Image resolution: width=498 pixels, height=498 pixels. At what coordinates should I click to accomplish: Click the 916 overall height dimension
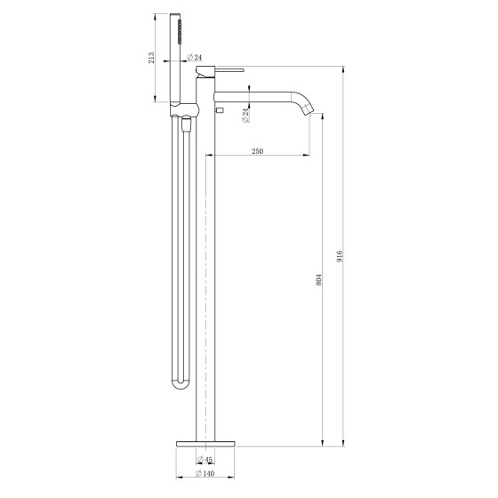coord(340,256)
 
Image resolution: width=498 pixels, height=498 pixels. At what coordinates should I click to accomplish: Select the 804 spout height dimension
coord(319,279)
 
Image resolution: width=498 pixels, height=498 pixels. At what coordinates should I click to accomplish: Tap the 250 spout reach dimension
coord(258,151)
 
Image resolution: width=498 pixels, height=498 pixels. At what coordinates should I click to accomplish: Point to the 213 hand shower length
coord(151,58)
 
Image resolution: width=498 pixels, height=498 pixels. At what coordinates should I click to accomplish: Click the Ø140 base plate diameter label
coord(205,473)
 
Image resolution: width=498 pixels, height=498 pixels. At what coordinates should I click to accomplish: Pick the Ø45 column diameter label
coord(205,459)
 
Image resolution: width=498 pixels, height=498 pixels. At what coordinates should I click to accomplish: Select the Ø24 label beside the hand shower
coord(195,58)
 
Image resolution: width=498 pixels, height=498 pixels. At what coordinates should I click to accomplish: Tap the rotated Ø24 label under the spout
coord(245,116)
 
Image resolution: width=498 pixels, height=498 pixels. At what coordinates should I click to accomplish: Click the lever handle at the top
coord(229,69)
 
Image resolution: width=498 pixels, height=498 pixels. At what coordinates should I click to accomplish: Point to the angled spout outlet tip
coord(308,110)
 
